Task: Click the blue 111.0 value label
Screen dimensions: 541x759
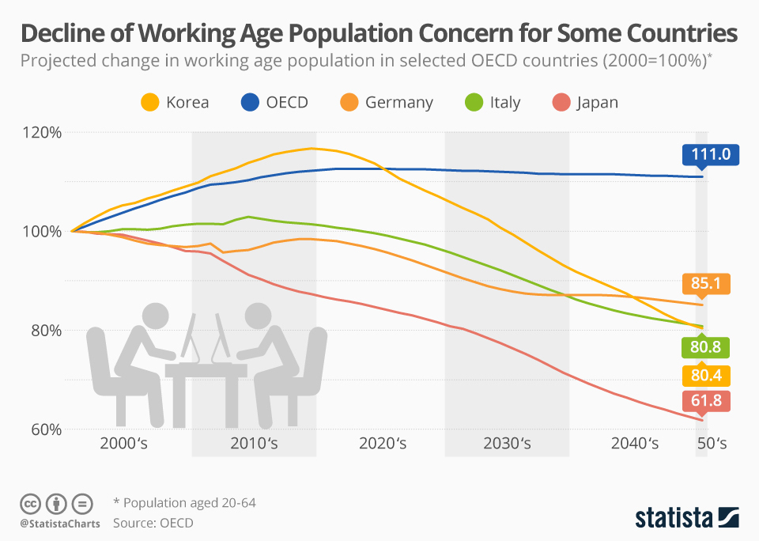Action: point(710,156)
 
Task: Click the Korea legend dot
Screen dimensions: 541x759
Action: point(149,102)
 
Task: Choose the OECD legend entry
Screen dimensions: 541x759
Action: point(272,102)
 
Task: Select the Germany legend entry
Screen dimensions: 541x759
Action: point(387,102)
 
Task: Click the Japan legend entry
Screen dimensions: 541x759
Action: point(585,102)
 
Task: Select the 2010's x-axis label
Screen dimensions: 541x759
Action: point(254,444)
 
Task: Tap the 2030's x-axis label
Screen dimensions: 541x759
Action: point(507,444)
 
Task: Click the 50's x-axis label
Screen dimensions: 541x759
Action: point(711,444)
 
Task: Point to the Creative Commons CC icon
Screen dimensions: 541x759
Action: point(30,503)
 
